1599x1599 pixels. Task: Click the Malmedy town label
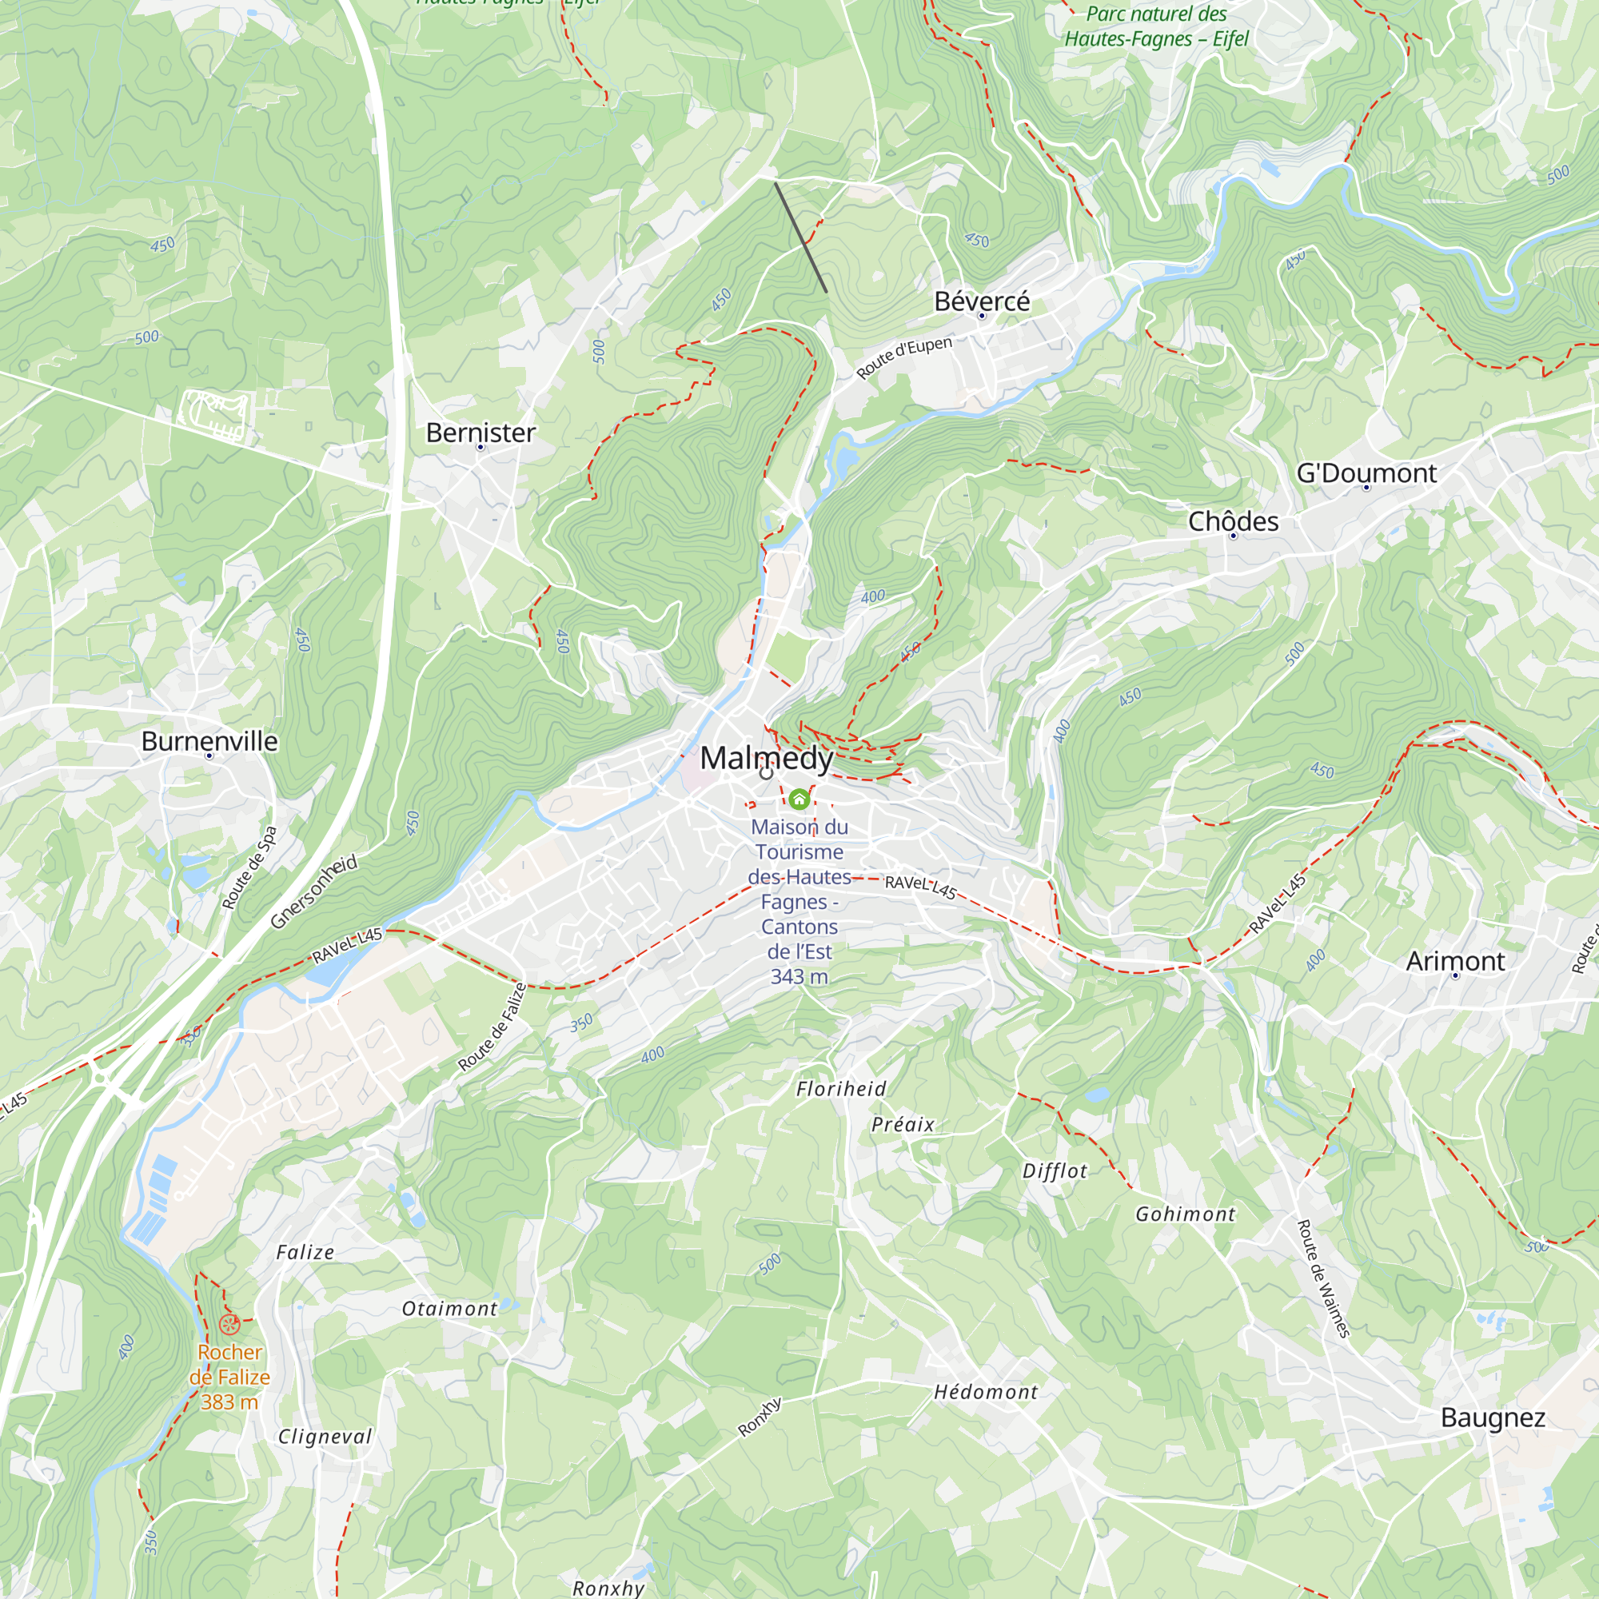click(767, 758)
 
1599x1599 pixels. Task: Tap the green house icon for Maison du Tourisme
click(799, 799)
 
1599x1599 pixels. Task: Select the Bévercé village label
click(982, 301)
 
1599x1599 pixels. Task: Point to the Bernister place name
click(480, 433)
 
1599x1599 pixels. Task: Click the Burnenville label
click(209, 742)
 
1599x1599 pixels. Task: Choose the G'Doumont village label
click(1366, 473)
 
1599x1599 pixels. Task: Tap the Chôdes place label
click(1232, 521)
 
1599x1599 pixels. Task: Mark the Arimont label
click(1455, 961)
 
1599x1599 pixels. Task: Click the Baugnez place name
click(1492, 1418)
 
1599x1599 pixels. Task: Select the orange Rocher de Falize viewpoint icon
click(229, 1324)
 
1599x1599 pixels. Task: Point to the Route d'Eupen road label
click(903, 357)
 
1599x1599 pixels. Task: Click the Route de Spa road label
click(249, 867)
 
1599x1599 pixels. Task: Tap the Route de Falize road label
click(492, 1027)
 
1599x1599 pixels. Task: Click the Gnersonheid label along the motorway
click(314, 891)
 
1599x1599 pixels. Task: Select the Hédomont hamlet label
click(985, 1392)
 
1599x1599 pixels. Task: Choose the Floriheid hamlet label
click(841, 1089)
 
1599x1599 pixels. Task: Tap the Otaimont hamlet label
click(449, 1309)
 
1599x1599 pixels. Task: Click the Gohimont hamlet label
click(1184, 1214)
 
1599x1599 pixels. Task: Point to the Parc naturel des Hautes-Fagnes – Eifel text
click(1155, 26)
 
